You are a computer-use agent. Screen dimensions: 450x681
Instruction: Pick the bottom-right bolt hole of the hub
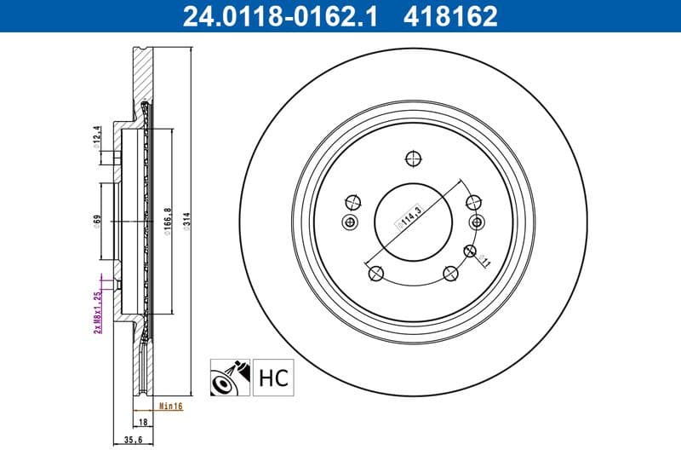450,273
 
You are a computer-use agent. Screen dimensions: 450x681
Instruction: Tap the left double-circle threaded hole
349,222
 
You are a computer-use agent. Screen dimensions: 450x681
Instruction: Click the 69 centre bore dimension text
98,221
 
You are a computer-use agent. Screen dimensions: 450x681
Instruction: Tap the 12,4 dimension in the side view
98,136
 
